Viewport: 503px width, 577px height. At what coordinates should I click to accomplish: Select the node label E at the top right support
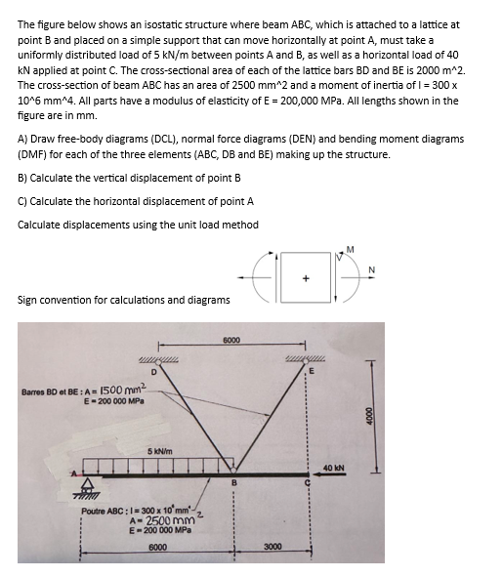click(x=314, y=370)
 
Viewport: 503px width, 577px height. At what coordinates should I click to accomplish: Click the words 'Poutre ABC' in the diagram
click(x=105, y=511)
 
